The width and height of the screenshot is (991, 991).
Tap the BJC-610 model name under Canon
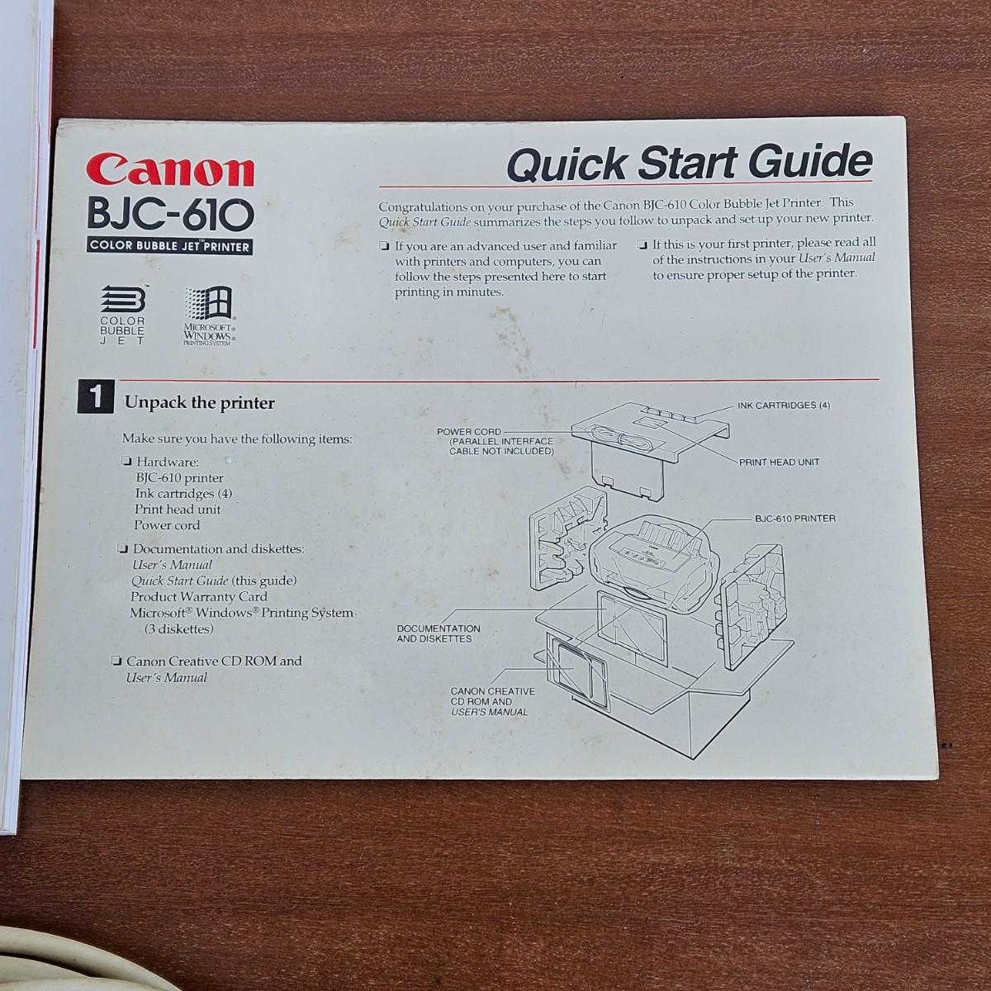pos(170,214)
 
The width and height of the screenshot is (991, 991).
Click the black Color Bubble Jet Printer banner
pos(169,246)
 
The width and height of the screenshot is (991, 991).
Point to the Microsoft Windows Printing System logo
pos(210,315)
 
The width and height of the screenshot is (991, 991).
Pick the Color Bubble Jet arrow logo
pos(122,314)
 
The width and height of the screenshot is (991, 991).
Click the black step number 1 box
pos(96,396)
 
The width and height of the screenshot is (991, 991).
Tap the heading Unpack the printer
pos(200,403)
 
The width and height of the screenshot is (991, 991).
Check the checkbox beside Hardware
pos(126,461)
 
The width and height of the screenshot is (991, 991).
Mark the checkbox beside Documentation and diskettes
pos(122,548)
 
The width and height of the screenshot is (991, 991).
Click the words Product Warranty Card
pos(199,596)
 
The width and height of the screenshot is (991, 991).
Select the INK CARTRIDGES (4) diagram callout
pos(784,405)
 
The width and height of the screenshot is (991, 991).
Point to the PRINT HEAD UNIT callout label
pos(779,462)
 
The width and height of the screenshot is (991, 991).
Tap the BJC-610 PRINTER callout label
pos(795,519)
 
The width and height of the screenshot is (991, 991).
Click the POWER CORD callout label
pos(468,432)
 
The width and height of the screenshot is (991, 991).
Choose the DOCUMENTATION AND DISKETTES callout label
pos(439,633)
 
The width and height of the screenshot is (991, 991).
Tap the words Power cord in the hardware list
pos(167,525)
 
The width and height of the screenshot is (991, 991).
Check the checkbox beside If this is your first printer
pos(642,244)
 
